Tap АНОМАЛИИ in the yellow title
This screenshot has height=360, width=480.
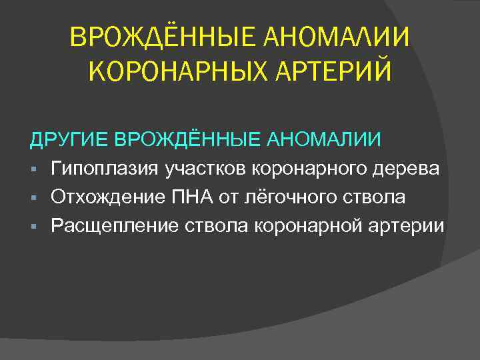point(338,39)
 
